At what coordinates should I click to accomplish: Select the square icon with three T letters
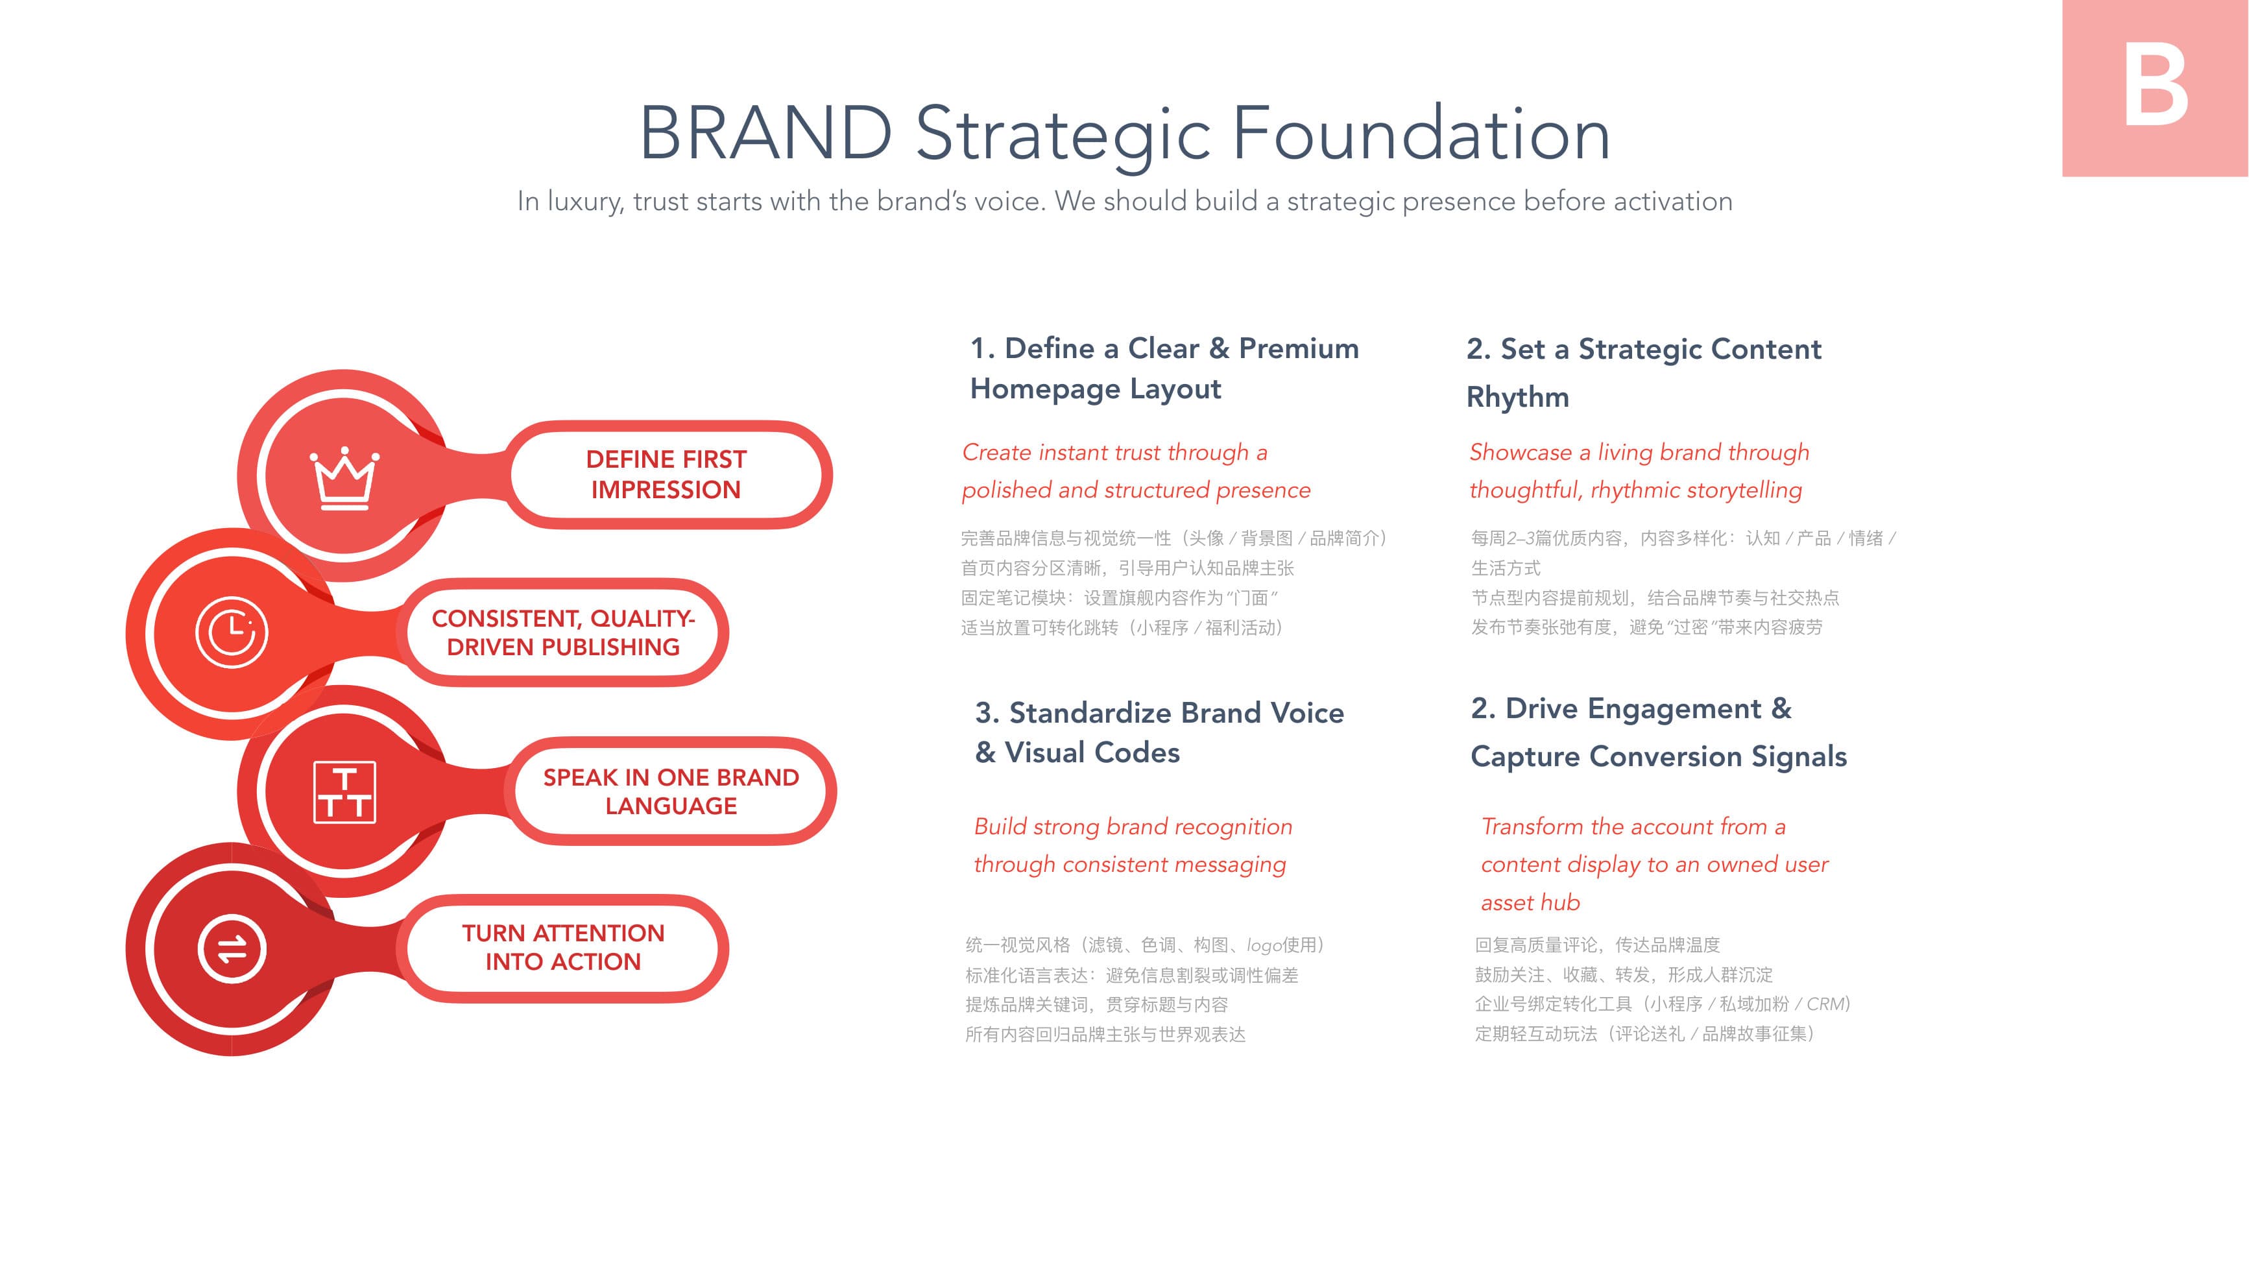(345, 792)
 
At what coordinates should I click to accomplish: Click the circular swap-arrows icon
(232, 949)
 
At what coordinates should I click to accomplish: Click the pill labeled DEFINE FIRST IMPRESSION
(666, 475)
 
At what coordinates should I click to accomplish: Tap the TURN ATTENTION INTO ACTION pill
(563, 948)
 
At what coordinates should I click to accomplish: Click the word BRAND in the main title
(765, 134)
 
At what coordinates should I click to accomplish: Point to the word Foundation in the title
(1421, 134)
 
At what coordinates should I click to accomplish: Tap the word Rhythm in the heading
(1517, 397)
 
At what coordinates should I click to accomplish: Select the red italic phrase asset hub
(1530, 903)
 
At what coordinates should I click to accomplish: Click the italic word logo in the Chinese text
(1263, 945)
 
